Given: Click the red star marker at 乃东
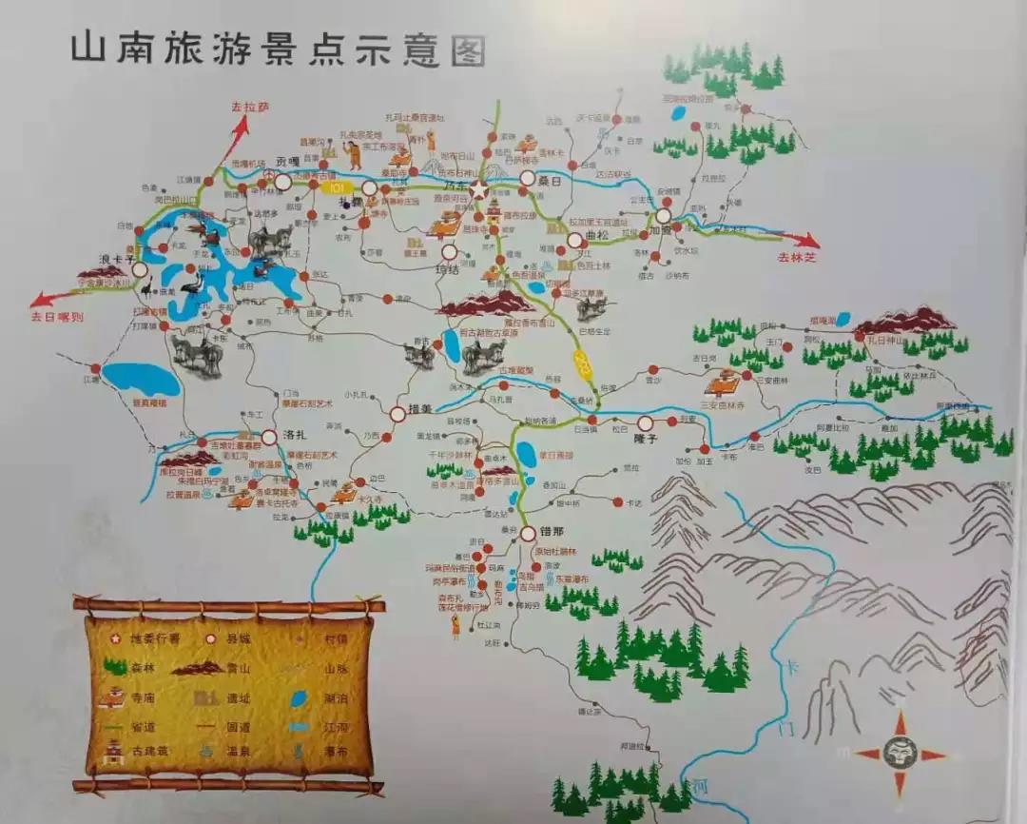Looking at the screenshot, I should pos(478,190).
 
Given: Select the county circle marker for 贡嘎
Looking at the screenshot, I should pos(283,181).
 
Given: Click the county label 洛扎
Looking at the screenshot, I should pos(296,435).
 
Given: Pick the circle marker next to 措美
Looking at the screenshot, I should pos(397,414).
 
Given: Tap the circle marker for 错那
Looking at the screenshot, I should pos(528,535).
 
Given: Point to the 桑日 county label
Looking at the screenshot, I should pos(552,179).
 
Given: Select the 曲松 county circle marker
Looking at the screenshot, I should pos(575,240).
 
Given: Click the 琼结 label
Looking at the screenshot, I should pos(447,270).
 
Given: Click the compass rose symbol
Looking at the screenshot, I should pos(900,755).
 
